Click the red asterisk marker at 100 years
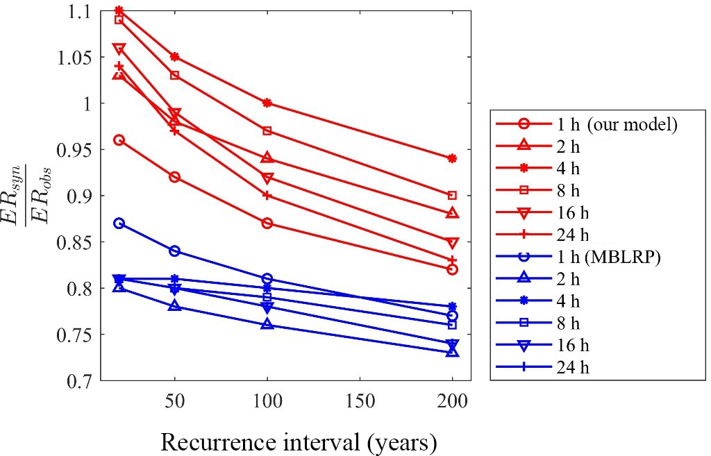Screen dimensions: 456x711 (267, 103)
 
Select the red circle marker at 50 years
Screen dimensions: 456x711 (174, 177)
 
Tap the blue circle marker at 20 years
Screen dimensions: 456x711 (119, 223)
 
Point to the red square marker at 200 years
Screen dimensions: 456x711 (453, 196)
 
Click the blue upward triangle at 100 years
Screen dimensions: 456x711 (267, 325)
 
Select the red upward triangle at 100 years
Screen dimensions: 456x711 (267, 158)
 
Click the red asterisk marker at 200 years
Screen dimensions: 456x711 (453, 158)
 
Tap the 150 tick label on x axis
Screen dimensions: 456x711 (360, 401)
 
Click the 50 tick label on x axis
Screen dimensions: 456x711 (174, 401)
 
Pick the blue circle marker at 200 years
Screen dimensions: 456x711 (453, 316)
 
